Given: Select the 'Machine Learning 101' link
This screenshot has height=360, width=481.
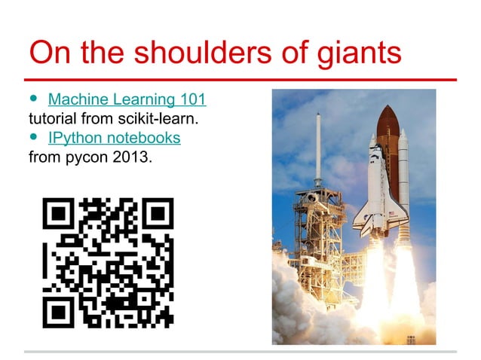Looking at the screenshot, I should (127, 99).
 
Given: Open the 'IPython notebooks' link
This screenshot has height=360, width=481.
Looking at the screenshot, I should (114, 139).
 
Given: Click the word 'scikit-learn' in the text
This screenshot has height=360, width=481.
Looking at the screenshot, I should (165, 119).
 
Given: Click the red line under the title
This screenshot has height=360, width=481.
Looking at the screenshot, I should (240, 79).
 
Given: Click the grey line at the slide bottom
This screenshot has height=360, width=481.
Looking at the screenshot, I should (240, 352).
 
